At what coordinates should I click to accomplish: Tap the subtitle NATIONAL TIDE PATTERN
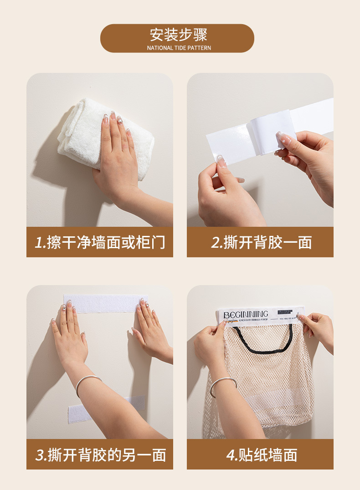tap(179, 48)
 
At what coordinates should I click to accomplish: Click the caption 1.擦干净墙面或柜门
tap(99, 242)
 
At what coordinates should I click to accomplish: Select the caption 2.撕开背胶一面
tap(261, 242)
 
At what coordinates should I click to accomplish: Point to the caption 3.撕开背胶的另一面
tap(100, 454)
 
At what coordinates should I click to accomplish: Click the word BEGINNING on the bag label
tap(246, 314)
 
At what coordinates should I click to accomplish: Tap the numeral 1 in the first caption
tap(39, 242)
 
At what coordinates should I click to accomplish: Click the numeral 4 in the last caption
tap(231, 454)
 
